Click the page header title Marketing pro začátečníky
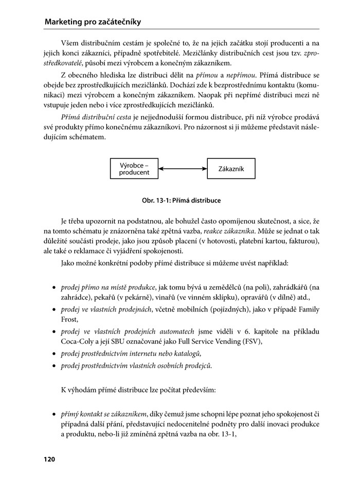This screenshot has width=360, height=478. [93, 22]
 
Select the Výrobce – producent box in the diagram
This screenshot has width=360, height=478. [134, 169]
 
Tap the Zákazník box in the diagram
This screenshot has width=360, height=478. [231, 169]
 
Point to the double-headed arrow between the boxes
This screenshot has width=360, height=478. [183, 169]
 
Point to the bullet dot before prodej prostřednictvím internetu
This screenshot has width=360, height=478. [54, 354]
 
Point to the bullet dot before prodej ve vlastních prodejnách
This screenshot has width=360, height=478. [54, 310]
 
